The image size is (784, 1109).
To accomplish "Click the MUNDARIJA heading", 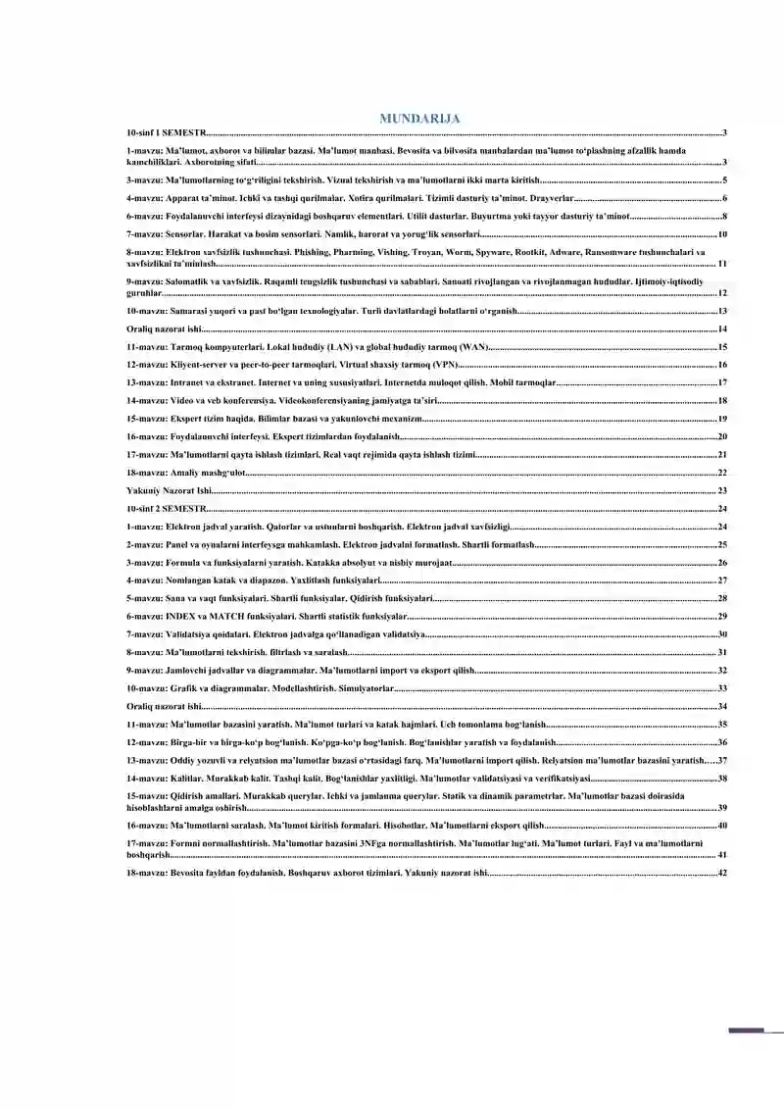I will pos(419,119).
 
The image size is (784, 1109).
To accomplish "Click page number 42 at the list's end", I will pos(722,873).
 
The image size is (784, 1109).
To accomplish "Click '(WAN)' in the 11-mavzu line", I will pos(472,347).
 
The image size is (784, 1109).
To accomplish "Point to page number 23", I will pos(722,490).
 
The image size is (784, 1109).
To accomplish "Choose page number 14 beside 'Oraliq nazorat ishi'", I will pos(722,329).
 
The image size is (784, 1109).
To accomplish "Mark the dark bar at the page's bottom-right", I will pos(747,1031).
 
